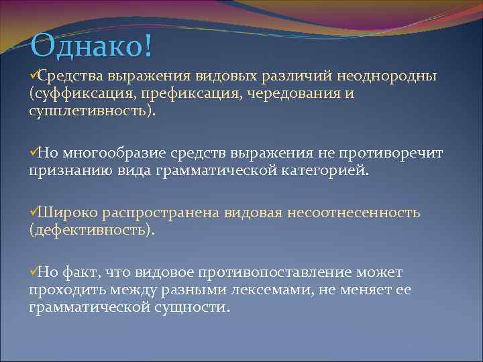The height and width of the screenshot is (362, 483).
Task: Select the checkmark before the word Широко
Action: coord(33,213)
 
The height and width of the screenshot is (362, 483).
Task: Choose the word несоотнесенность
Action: coord(354,213)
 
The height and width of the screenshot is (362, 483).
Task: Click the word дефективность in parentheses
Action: coord(91,231)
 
